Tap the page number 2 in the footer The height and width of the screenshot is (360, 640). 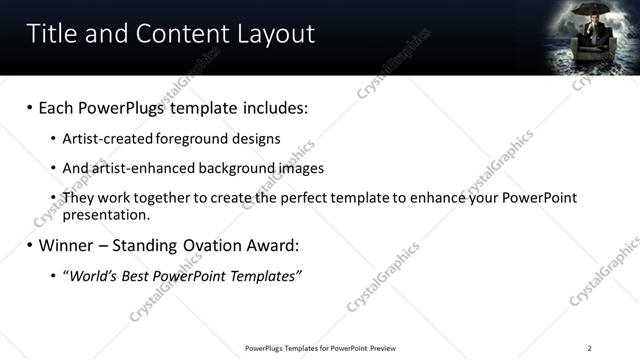pos(590,348)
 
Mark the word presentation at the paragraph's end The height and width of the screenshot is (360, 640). pos(104,214)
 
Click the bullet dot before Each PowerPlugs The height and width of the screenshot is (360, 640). pos(30,106)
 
